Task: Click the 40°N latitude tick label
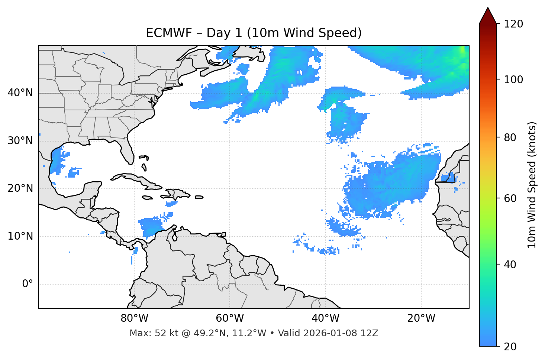[20, 93]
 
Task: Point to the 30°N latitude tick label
[20, 141]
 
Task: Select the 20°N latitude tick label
[20, 188]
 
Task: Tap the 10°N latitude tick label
[20, 236]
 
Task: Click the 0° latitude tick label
[27, 284]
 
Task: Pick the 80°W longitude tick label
[134, 318]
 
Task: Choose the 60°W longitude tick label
[230, 318]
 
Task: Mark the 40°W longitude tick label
[325, 318]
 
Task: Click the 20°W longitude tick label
[421, 318]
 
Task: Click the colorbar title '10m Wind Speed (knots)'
[532, 185]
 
